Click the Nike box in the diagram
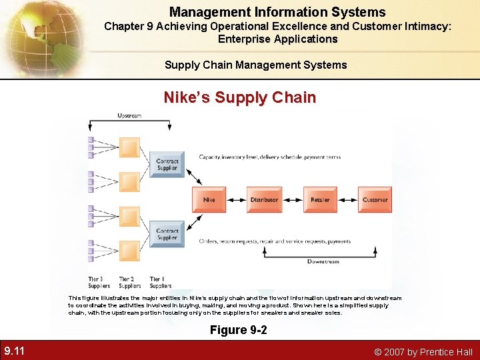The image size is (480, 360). [x=209, y=200]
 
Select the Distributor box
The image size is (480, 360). [x=265, y=200]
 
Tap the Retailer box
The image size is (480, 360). [x=320, y=200]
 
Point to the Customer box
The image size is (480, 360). [x=375, y=200]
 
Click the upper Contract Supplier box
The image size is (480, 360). [x=167, y=164]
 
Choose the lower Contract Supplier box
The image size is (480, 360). [x=167, y=234]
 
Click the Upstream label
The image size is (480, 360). [x=129, y=115]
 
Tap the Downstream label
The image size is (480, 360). [x=323, y=261]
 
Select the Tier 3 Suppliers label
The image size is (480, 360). [x=99, y=282]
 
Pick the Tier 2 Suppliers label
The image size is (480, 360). [x=129, y=282]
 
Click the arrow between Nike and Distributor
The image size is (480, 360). [x=237, y=200]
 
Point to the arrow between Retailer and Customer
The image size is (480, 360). [x=347, y=200]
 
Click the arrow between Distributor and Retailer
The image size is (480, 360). [x=292, y=200]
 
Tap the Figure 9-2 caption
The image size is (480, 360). [x=239, y=330]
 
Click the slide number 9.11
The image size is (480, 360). [x=15, y=351]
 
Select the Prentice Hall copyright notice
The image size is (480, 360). [x=423, y=351]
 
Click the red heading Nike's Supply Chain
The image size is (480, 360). [x=240, y=97]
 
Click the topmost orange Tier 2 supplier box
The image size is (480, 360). [x=129, y=147]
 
